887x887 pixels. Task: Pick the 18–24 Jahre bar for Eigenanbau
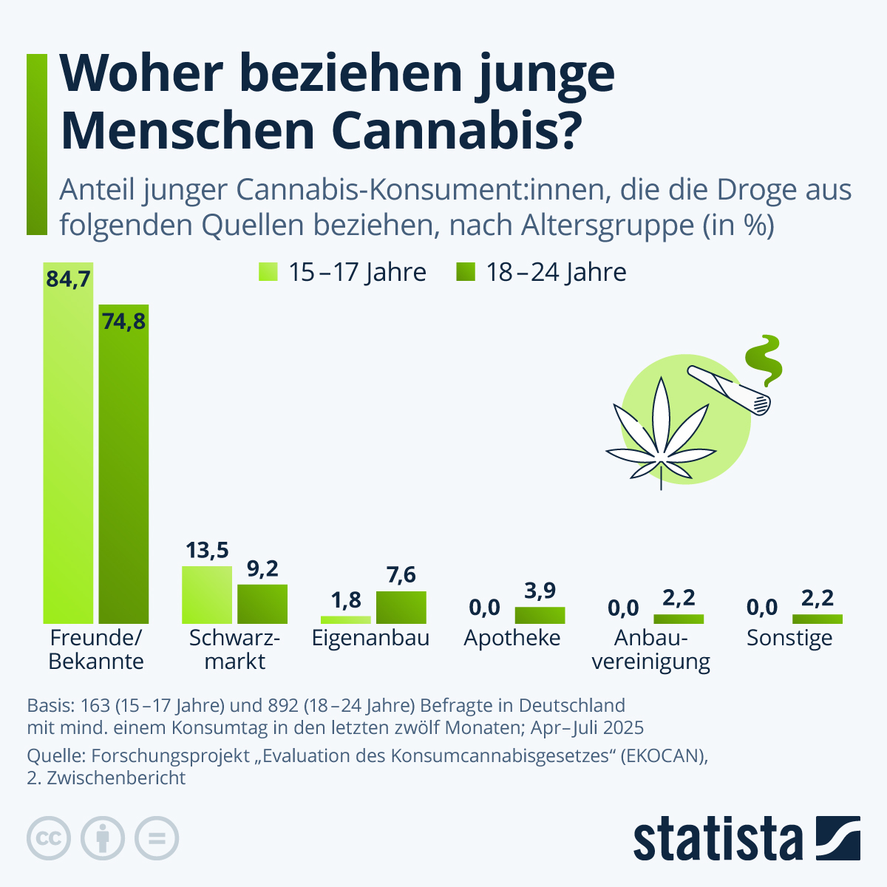point(401,608)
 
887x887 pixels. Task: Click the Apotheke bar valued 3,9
point(540,615)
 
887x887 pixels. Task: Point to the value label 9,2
point(262,568)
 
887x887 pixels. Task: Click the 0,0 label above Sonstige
point(762,608)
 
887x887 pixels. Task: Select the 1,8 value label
point(346,599)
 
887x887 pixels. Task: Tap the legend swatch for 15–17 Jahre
point(268,272)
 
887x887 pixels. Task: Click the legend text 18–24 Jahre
point(556,272)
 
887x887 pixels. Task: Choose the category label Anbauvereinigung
point(651,650)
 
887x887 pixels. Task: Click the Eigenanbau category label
point(370,638)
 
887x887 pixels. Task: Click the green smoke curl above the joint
point(764,358)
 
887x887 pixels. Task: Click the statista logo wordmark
point(717,839)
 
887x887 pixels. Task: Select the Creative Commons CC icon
point(49,839)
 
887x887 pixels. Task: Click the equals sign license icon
point(157,839)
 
